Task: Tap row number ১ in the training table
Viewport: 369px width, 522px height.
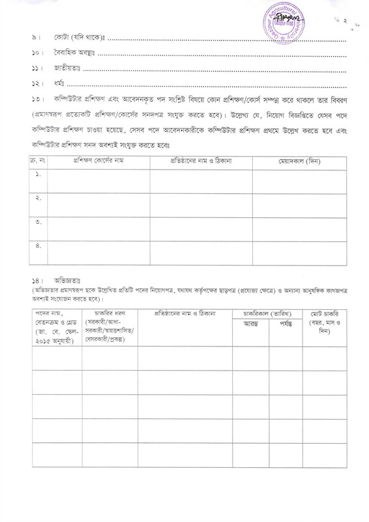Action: tap(38, 175)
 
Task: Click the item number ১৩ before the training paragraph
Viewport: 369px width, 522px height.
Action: tap(37, 99)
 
